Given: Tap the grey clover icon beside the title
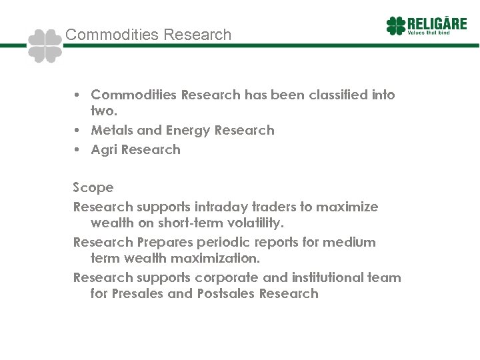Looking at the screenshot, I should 45,46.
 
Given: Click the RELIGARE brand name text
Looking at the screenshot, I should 433,23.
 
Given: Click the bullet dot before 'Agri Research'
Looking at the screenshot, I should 77,149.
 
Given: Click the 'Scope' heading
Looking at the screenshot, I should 93,187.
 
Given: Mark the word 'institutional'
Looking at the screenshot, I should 329,277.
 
